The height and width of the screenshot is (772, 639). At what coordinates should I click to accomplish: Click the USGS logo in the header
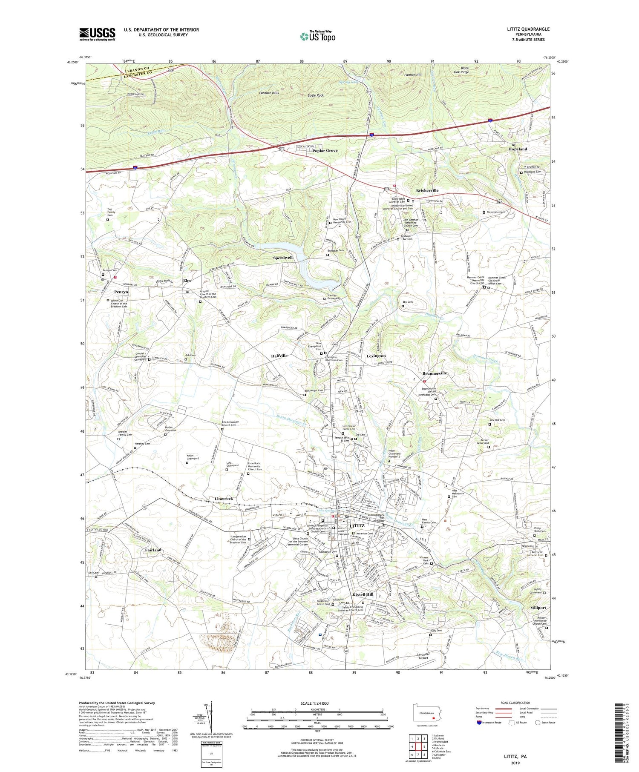coord(97,34)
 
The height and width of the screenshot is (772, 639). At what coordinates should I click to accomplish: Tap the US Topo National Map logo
coord(317,36)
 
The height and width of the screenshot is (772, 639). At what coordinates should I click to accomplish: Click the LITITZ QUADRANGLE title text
coord(526,29)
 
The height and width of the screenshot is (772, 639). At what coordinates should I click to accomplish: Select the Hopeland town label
coord(517,149)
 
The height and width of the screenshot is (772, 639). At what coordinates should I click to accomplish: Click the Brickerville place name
coord(427,190)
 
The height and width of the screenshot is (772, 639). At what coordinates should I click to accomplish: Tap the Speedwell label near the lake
coord(283,258)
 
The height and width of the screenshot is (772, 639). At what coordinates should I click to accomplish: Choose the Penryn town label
coord(121,292)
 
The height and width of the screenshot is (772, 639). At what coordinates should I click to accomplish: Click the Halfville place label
coord(279,356)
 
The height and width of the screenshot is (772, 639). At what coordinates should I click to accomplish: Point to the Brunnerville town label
coord(435,373)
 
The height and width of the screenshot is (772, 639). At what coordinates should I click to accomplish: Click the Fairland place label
coord(153,550)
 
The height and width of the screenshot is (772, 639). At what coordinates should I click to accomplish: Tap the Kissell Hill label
coord(363,594)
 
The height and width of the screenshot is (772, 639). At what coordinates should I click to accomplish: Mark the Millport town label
coord(535,608)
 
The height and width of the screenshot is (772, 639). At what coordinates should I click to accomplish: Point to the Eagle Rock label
coord(316,95)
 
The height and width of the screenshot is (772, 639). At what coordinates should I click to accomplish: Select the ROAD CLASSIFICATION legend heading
coord(515,703)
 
